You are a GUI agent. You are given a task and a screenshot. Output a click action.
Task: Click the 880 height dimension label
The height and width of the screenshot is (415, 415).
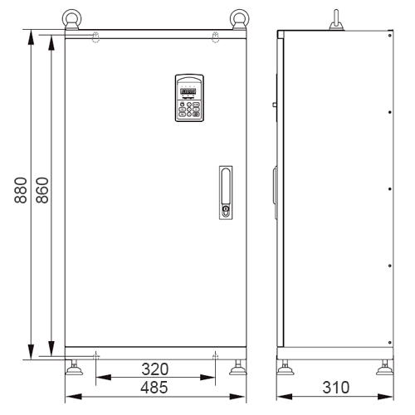click(21, 190)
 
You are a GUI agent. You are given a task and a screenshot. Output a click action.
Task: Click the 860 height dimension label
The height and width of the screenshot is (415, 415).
click(42, 190)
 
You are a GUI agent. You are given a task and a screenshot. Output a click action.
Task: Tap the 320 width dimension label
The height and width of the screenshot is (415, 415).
click(155, 369)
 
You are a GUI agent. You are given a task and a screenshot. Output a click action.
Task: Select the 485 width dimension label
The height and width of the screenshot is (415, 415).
click(154, 387)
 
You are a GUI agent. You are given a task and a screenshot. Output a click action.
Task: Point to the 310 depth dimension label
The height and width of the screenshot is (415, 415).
click(336, 388)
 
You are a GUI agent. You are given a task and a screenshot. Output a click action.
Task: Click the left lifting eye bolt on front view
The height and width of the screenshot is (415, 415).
click(71, 19)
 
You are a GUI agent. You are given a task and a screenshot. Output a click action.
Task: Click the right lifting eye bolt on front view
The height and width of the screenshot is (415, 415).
click(239, 19)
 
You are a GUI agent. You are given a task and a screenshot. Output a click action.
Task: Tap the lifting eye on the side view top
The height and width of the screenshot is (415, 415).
click(336, 20)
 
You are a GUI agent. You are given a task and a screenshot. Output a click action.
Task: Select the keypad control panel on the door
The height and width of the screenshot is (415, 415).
click(189, 98)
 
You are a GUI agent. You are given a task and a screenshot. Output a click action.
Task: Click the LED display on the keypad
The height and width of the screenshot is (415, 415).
click(188, 91)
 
